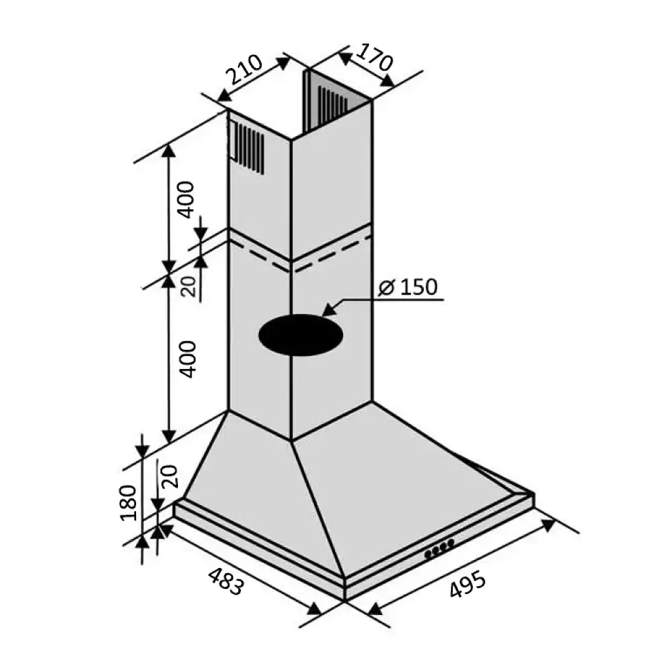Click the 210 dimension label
243,69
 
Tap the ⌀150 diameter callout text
408,287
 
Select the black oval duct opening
301,334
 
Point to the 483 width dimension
226,581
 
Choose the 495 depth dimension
467,583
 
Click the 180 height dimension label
128,502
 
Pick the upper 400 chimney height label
185,200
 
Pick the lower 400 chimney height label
186,359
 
